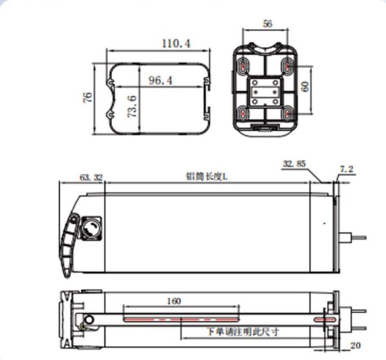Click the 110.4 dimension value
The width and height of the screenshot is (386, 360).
pos(176,44)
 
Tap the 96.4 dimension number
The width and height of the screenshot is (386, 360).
pos(160,81)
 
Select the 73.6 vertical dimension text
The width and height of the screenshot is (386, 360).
pos(132,106)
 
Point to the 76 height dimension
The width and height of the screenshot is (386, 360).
pos(87,97)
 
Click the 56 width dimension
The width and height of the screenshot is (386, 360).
pos(268,24)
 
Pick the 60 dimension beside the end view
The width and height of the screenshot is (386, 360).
pos(305,86)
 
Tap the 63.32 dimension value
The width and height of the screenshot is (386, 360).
pos(91,177)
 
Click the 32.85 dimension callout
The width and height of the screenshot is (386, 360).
pos(294,164)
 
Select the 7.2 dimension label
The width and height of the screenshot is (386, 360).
pos(347,169)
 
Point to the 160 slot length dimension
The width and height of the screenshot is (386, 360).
pos(174,301)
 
